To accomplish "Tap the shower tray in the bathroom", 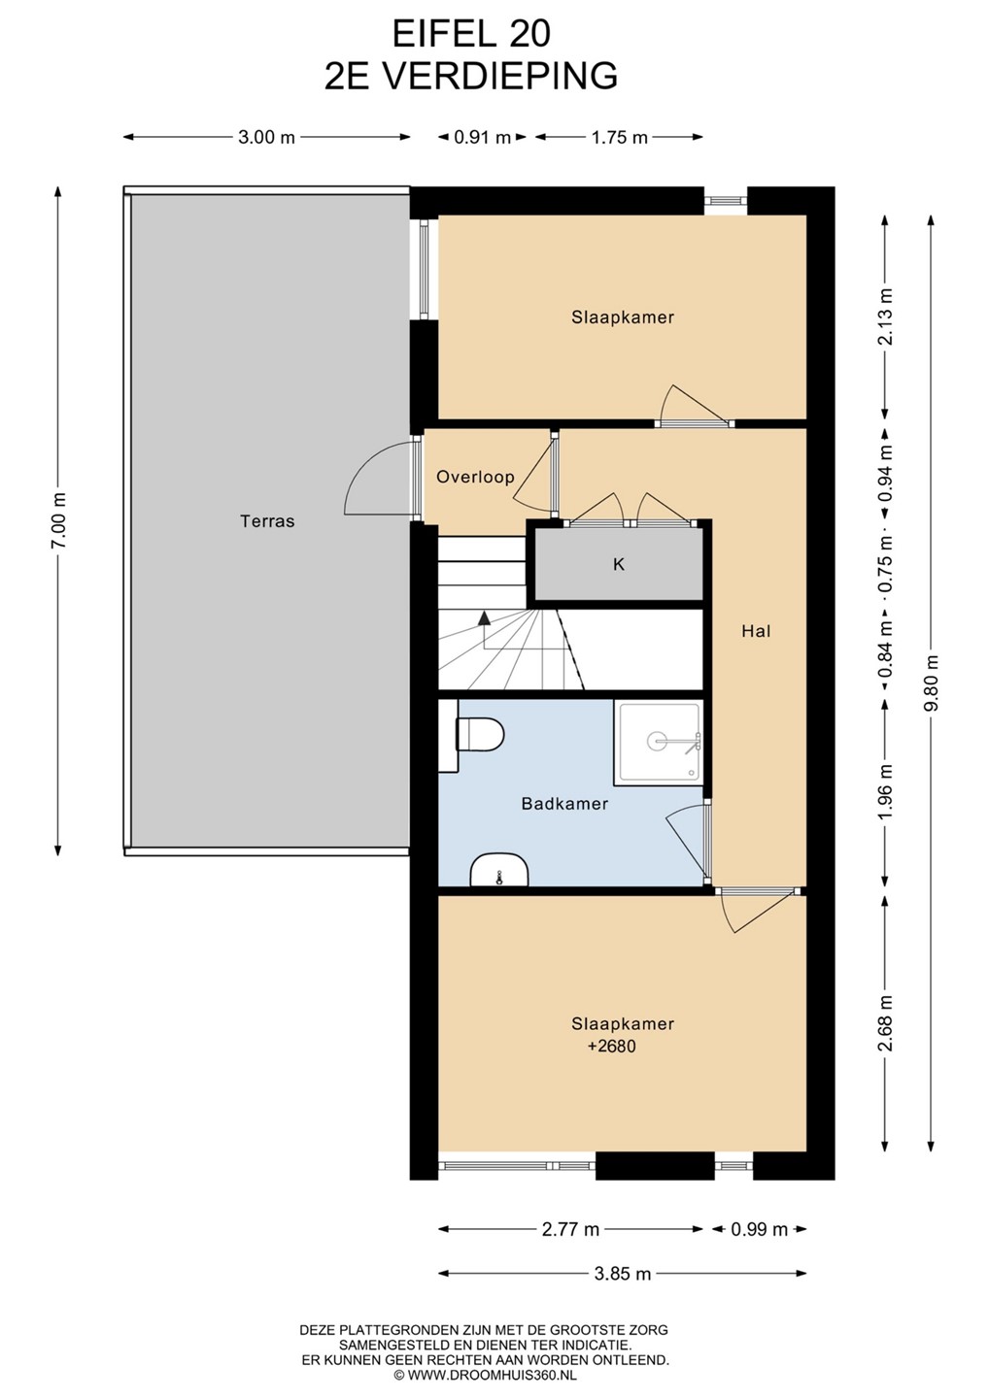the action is click(658, 742).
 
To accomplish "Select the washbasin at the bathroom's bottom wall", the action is click(498, 870).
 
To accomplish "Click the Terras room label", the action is click(267, 521).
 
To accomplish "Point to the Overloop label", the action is click(475, 478).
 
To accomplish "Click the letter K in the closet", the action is click(619, 564).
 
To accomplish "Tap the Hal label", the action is click(756, 631).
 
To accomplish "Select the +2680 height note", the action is click(612, 1046).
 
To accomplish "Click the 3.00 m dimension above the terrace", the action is click(266, 137).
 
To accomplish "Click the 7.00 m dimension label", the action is click(58, 520).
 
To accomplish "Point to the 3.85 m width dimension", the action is click(622, 1273).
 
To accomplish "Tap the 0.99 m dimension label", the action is click(759, 1229).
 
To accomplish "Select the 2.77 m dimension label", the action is click(570, 1229).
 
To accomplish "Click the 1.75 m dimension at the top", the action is click(620, 137).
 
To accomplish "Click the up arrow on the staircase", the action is click(484, 617).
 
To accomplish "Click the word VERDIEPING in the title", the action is click(498, 76).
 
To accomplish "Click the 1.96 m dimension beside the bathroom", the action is click(885, 792).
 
